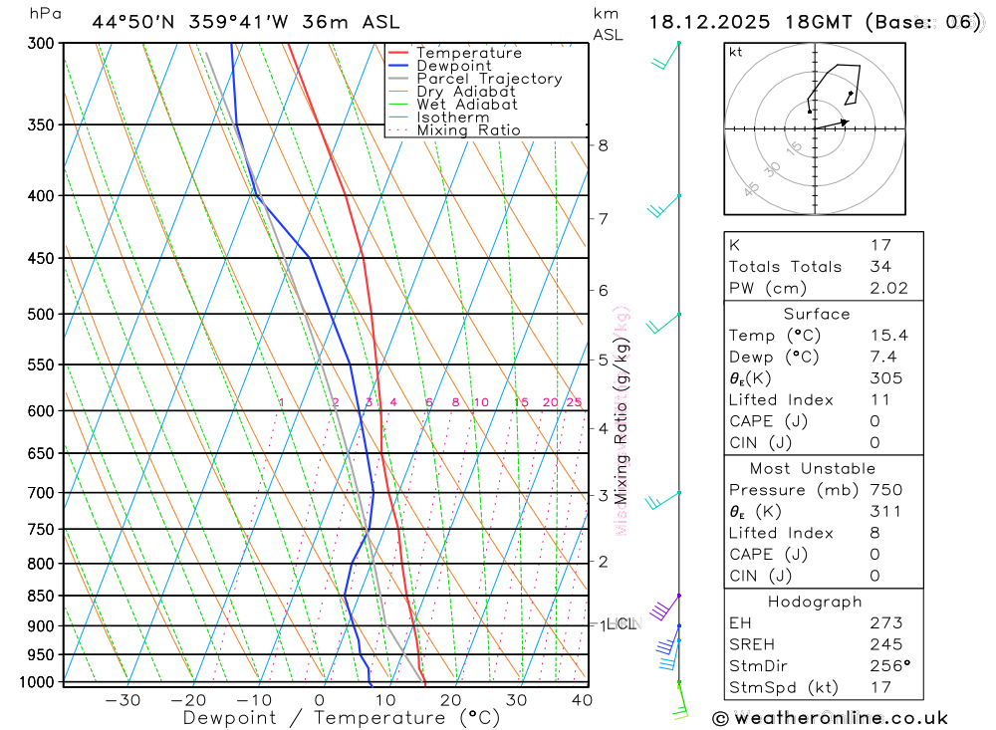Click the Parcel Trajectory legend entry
click(x=489, y=79)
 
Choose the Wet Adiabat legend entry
click(x=467, y=105)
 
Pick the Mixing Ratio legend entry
click(x=468, y=130)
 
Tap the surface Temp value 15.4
click(x=888, y=336)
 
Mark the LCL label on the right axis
click(x=620, y=624)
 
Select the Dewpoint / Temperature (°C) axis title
click(x=342, y=718)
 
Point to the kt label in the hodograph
click(x=736, y=52)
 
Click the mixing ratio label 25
click(x=574, y=402)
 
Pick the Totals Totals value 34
click(x=880, y=267)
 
